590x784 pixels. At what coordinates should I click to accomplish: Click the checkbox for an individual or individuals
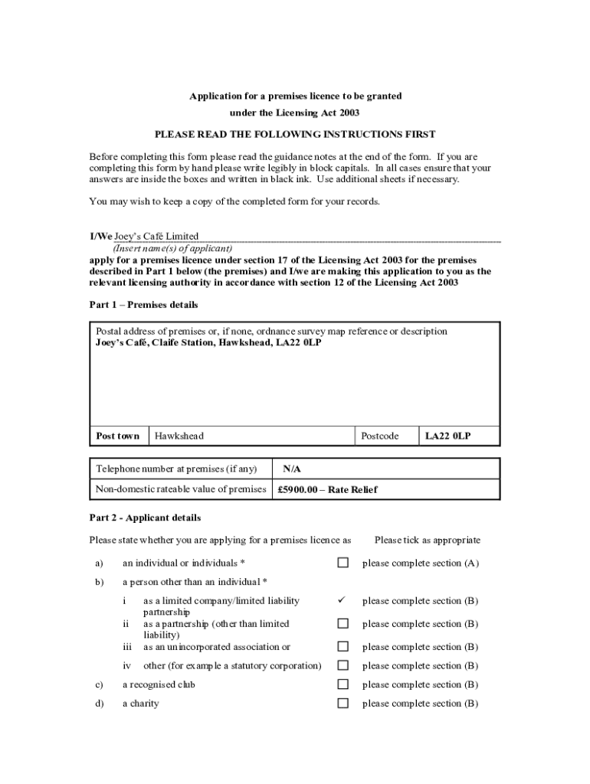click(343, 563)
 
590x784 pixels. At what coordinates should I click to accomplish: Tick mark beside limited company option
click(343, 600)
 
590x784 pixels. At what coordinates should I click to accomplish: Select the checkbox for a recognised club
click(343, 684)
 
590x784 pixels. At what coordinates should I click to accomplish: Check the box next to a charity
click(343, 704)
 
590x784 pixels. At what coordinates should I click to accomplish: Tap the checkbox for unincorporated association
click(343, 647)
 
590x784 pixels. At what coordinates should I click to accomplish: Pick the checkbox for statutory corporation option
click(343, 666)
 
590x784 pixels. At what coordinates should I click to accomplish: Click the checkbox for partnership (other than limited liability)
click(343, 624)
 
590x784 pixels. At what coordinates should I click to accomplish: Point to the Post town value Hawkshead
click(179, 436)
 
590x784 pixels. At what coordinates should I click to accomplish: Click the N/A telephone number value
click(292, 469)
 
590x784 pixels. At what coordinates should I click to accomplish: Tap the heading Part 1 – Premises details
click(144, 305)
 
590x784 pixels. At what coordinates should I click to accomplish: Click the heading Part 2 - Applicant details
click(146, 518)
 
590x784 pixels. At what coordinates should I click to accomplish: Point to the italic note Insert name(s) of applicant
click(172, 248)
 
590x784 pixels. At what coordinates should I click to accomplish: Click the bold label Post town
click(118, 436)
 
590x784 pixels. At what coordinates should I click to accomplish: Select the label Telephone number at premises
click(176, 469)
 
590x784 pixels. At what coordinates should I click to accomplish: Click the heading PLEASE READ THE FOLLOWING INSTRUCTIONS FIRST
click(295, 134)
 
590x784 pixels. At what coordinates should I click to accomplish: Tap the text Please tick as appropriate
click(428, 541)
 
